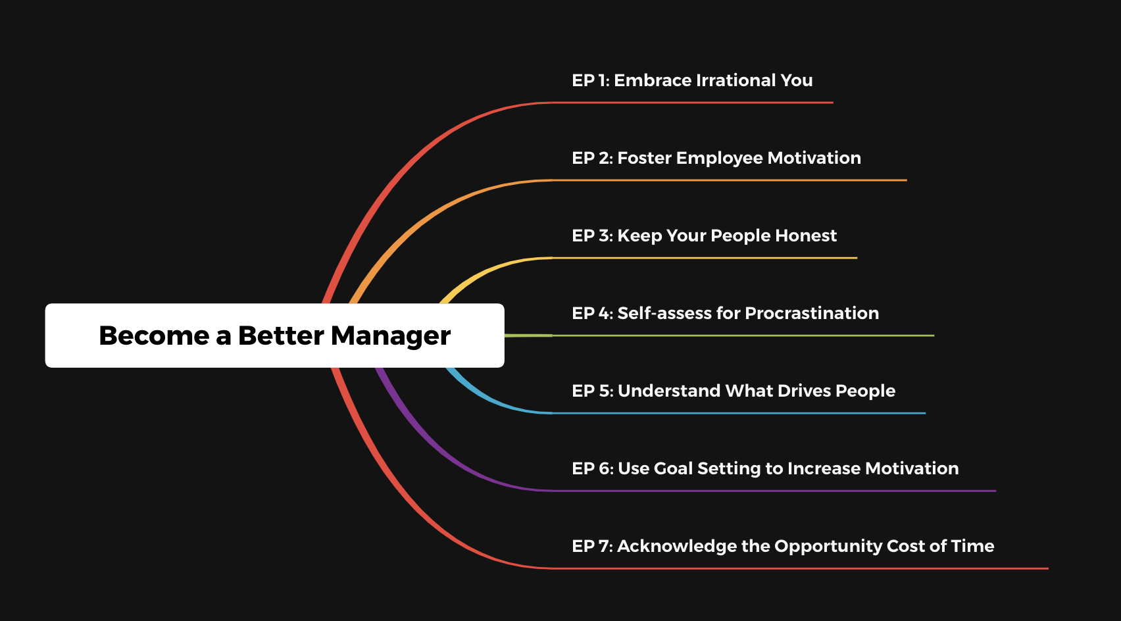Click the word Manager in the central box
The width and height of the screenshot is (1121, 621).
(390, 336)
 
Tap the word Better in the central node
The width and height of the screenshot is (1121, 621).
(281, 335)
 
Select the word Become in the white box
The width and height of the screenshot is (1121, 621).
(154, 335)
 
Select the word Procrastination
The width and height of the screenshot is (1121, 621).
(812, 313)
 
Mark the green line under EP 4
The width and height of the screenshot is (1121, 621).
(719, 335)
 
